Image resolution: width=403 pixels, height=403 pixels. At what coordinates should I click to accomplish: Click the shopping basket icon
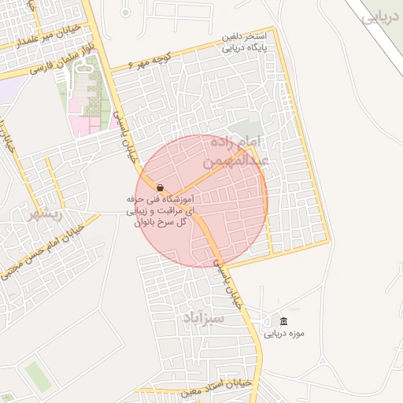161,188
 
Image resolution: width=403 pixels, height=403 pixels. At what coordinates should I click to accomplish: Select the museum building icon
283,321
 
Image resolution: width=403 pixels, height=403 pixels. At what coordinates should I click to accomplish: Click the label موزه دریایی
283,334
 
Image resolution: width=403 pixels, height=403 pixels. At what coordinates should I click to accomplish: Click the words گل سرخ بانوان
161,223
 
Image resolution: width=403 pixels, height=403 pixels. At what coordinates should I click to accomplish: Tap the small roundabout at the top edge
125,12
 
